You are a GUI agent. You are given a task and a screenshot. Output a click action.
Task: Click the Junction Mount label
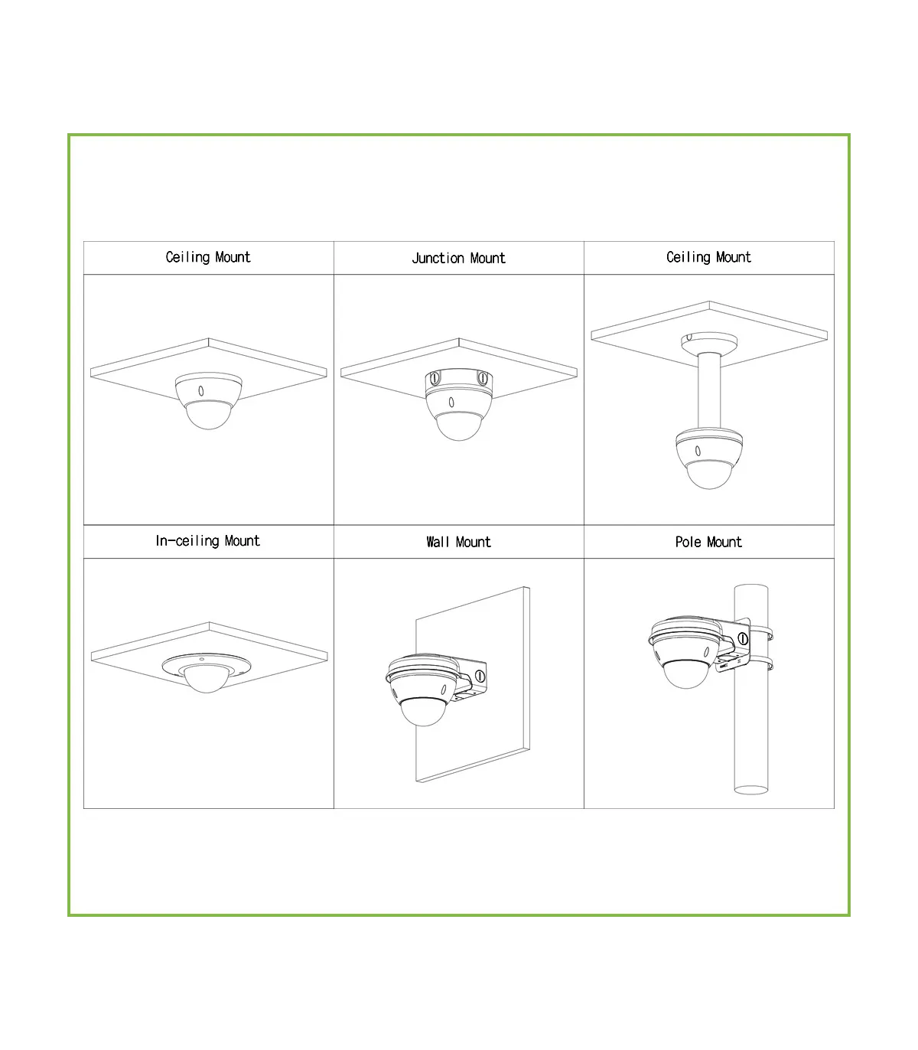pos(458,258)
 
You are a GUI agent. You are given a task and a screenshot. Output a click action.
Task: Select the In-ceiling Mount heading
pos(208,541)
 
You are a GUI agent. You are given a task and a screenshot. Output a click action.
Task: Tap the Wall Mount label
pos(458,542)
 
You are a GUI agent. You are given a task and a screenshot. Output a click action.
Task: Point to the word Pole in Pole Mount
pos(688,542)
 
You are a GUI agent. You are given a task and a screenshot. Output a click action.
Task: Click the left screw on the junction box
pos(435,379)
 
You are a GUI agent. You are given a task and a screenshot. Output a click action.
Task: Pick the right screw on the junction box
pos(483,379)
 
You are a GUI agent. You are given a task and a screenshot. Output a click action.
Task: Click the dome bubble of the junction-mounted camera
pos(459,426)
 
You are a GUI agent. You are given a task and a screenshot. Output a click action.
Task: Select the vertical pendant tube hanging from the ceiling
pos(709,391)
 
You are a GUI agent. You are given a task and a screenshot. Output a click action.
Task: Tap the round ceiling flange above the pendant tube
pos(709,342)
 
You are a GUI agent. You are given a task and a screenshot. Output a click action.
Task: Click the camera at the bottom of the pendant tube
pos(709,458)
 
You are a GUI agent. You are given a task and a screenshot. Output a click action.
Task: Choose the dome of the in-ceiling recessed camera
pos(207,678)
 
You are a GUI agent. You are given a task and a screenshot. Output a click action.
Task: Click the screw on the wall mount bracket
pos(480,676)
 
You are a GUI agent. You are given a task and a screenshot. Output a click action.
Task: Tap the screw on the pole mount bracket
pos(743,638)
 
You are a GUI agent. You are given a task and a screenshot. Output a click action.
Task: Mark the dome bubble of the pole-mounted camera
pos(686,674)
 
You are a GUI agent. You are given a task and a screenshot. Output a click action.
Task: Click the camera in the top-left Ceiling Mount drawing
pos(209,400)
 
